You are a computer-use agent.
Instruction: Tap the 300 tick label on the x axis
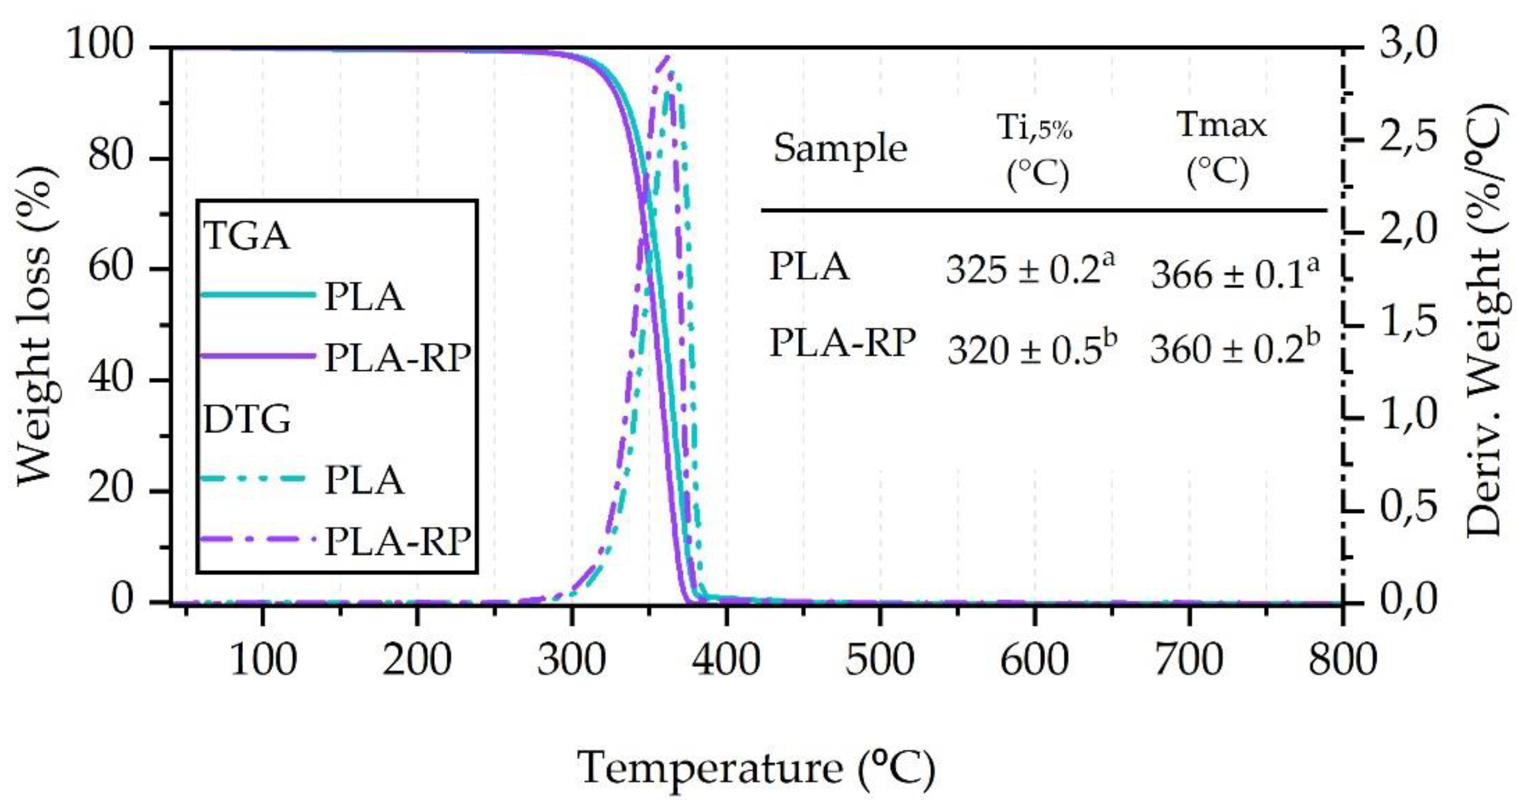(571, 660)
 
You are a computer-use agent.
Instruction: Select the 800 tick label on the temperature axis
(1343, 660)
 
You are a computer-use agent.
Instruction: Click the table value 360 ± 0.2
(1234, 349)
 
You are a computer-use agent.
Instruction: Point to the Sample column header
(840, 149)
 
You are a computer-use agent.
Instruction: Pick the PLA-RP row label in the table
(842, 342)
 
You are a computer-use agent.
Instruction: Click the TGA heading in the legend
(246, 237)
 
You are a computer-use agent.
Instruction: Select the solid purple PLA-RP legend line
(258, 355)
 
